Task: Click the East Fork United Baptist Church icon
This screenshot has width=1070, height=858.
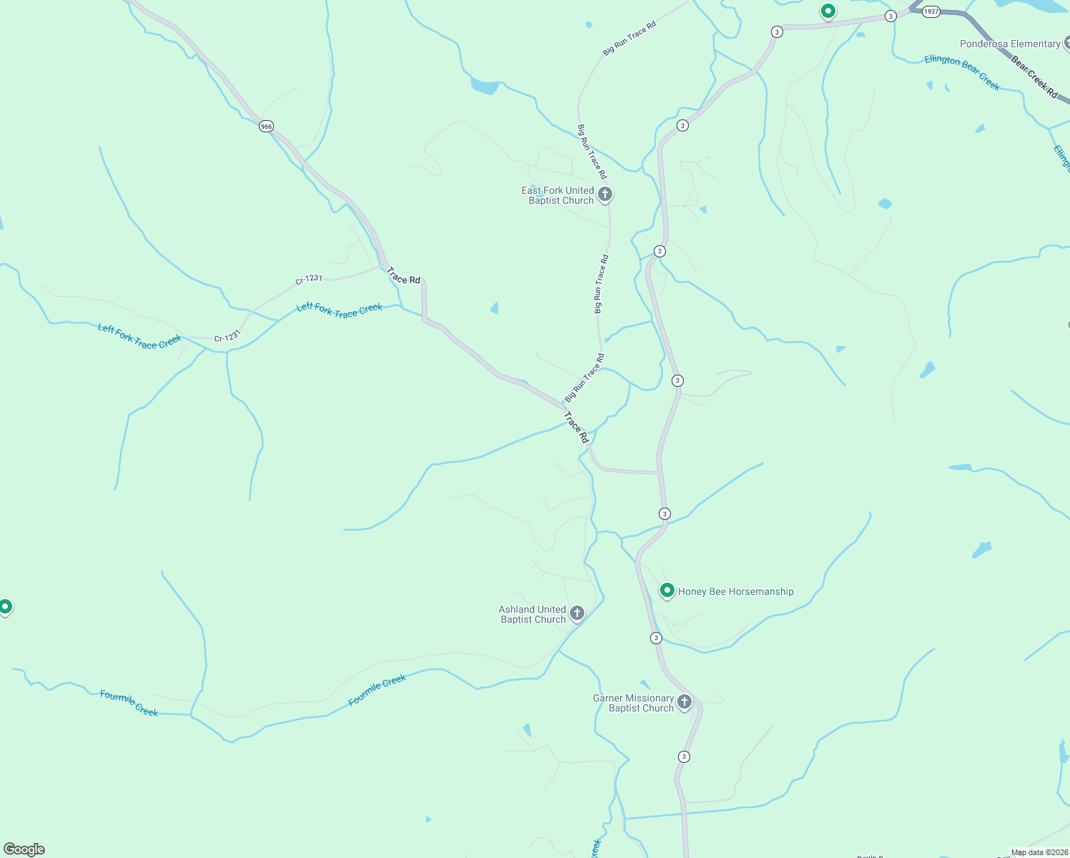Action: [605, 194]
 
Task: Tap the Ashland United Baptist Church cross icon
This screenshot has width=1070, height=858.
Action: [577, 613]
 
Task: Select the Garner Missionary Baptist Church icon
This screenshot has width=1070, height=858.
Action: [684, 702]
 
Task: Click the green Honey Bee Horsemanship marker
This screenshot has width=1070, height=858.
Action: [667, 591]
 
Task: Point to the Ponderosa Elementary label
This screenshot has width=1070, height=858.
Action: [1009, 44]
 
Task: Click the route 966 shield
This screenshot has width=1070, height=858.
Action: [266, 127]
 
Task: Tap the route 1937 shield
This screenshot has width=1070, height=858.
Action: [931, 11]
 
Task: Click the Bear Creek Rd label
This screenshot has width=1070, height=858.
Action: [1034, 77]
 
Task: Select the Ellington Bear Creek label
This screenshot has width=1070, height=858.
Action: [962, 71]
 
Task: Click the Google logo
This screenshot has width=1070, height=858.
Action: [24, 849]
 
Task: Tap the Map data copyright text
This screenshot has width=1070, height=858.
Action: [1039, 852]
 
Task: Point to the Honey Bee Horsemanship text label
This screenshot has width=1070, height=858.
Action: [735, 591]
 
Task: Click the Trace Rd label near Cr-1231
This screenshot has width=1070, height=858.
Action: [403, 276]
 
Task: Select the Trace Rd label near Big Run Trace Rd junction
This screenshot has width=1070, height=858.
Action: [576, 427]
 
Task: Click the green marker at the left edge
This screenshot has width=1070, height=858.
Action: [5, 607]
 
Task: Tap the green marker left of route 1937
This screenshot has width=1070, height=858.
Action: [828, 11]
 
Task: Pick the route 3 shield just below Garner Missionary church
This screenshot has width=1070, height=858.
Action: [684, 756]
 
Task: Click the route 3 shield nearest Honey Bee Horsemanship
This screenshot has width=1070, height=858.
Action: [656, 638]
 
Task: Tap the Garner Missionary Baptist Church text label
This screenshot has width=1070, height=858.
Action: [634, 703]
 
